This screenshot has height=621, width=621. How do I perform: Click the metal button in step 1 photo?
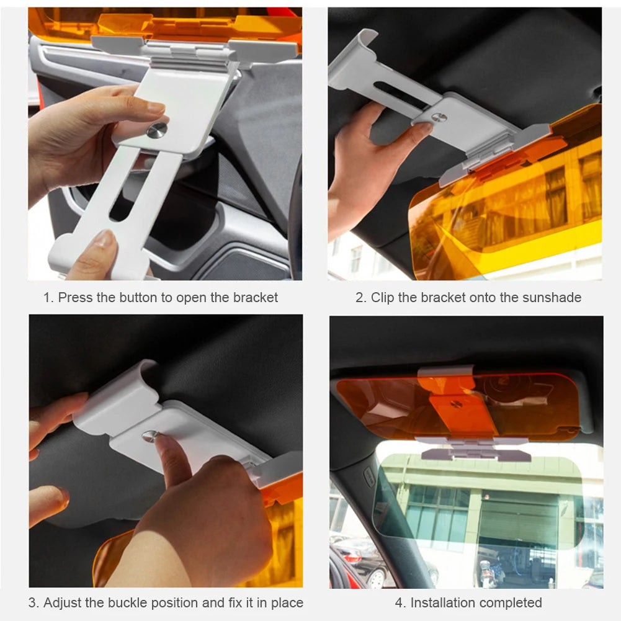157,130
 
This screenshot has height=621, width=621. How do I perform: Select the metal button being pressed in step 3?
150,436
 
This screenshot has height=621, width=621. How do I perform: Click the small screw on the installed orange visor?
457,404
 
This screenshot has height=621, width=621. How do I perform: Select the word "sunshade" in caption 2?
552,298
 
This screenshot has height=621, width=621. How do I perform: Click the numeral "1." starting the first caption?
48,298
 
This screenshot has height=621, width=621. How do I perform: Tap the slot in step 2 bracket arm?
401,94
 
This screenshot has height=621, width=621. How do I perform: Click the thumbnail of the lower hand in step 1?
104,239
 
